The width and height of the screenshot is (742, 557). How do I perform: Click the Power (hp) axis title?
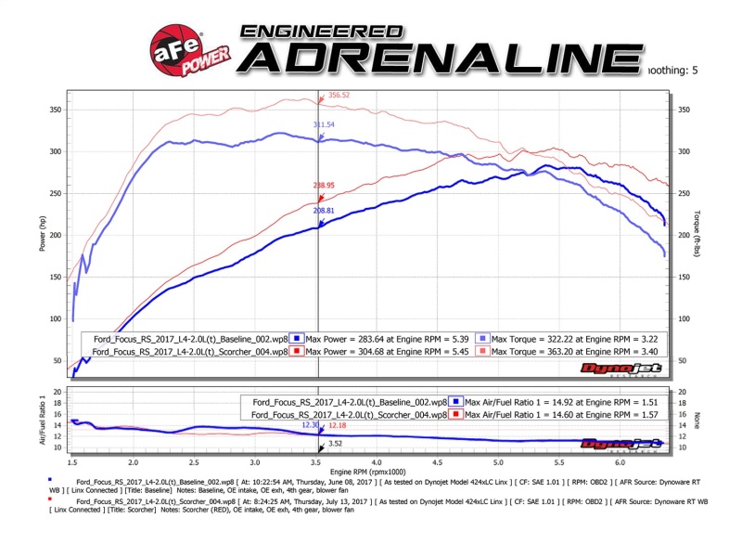point(41,235)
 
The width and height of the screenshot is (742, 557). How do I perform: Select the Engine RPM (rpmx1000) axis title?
point(368,474)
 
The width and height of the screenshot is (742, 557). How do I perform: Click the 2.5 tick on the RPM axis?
point(194,461)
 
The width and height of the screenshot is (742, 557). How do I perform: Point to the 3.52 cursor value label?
point(335,444)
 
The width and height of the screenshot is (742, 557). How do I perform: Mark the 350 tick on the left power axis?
point(56,110)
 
